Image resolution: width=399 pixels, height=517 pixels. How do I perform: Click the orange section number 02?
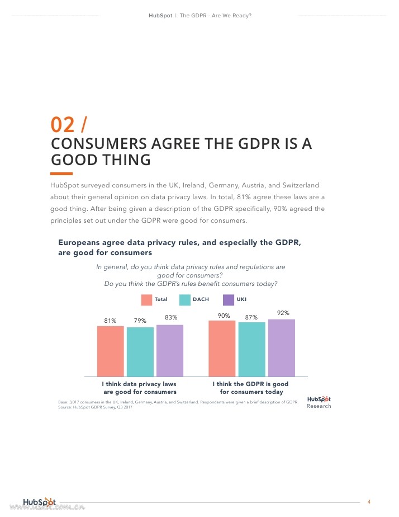tap(62, 124)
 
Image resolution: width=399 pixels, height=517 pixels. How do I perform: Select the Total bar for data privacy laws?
tap(110, 351)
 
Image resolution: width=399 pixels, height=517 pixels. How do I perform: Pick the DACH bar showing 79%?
tap(140, 351)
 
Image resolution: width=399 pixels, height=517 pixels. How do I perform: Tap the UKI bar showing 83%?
tap(169, 350)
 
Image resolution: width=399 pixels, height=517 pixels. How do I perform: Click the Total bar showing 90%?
tap(222, 348)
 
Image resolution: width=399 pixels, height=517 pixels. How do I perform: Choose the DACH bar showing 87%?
tap(251, 349)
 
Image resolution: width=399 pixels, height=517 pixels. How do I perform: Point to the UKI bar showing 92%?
tap(281, 347)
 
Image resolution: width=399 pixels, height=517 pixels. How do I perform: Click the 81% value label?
tap(110, 321)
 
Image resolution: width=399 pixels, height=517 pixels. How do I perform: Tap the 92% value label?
tap(283, 313)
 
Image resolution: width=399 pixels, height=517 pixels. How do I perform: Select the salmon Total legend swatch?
tap(146, 299)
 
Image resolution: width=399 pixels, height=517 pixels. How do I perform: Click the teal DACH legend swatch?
tap(185, 299)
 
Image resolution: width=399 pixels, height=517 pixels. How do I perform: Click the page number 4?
tap(369, 501)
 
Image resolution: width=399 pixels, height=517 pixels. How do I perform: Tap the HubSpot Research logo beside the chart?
tap(319, 402)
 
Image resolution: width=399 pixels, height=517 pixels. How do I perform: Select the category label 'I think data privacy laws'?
tap(139, 384)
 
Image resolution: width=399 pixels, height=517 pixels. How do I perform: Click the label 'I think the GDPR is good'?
tap(250, 384)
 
